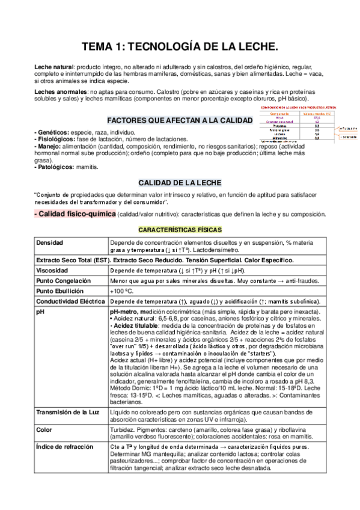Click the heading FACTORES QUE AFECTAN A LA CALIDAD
pos(179,120)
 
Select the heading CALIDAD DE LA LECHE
pos(180,182)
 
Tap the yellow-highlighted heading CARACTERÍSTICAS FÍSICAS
pos(180,230)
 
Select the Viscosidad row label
pos(53,271)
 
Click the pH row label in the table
pos(40,313)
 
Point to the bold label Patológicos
pos(54,166)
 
